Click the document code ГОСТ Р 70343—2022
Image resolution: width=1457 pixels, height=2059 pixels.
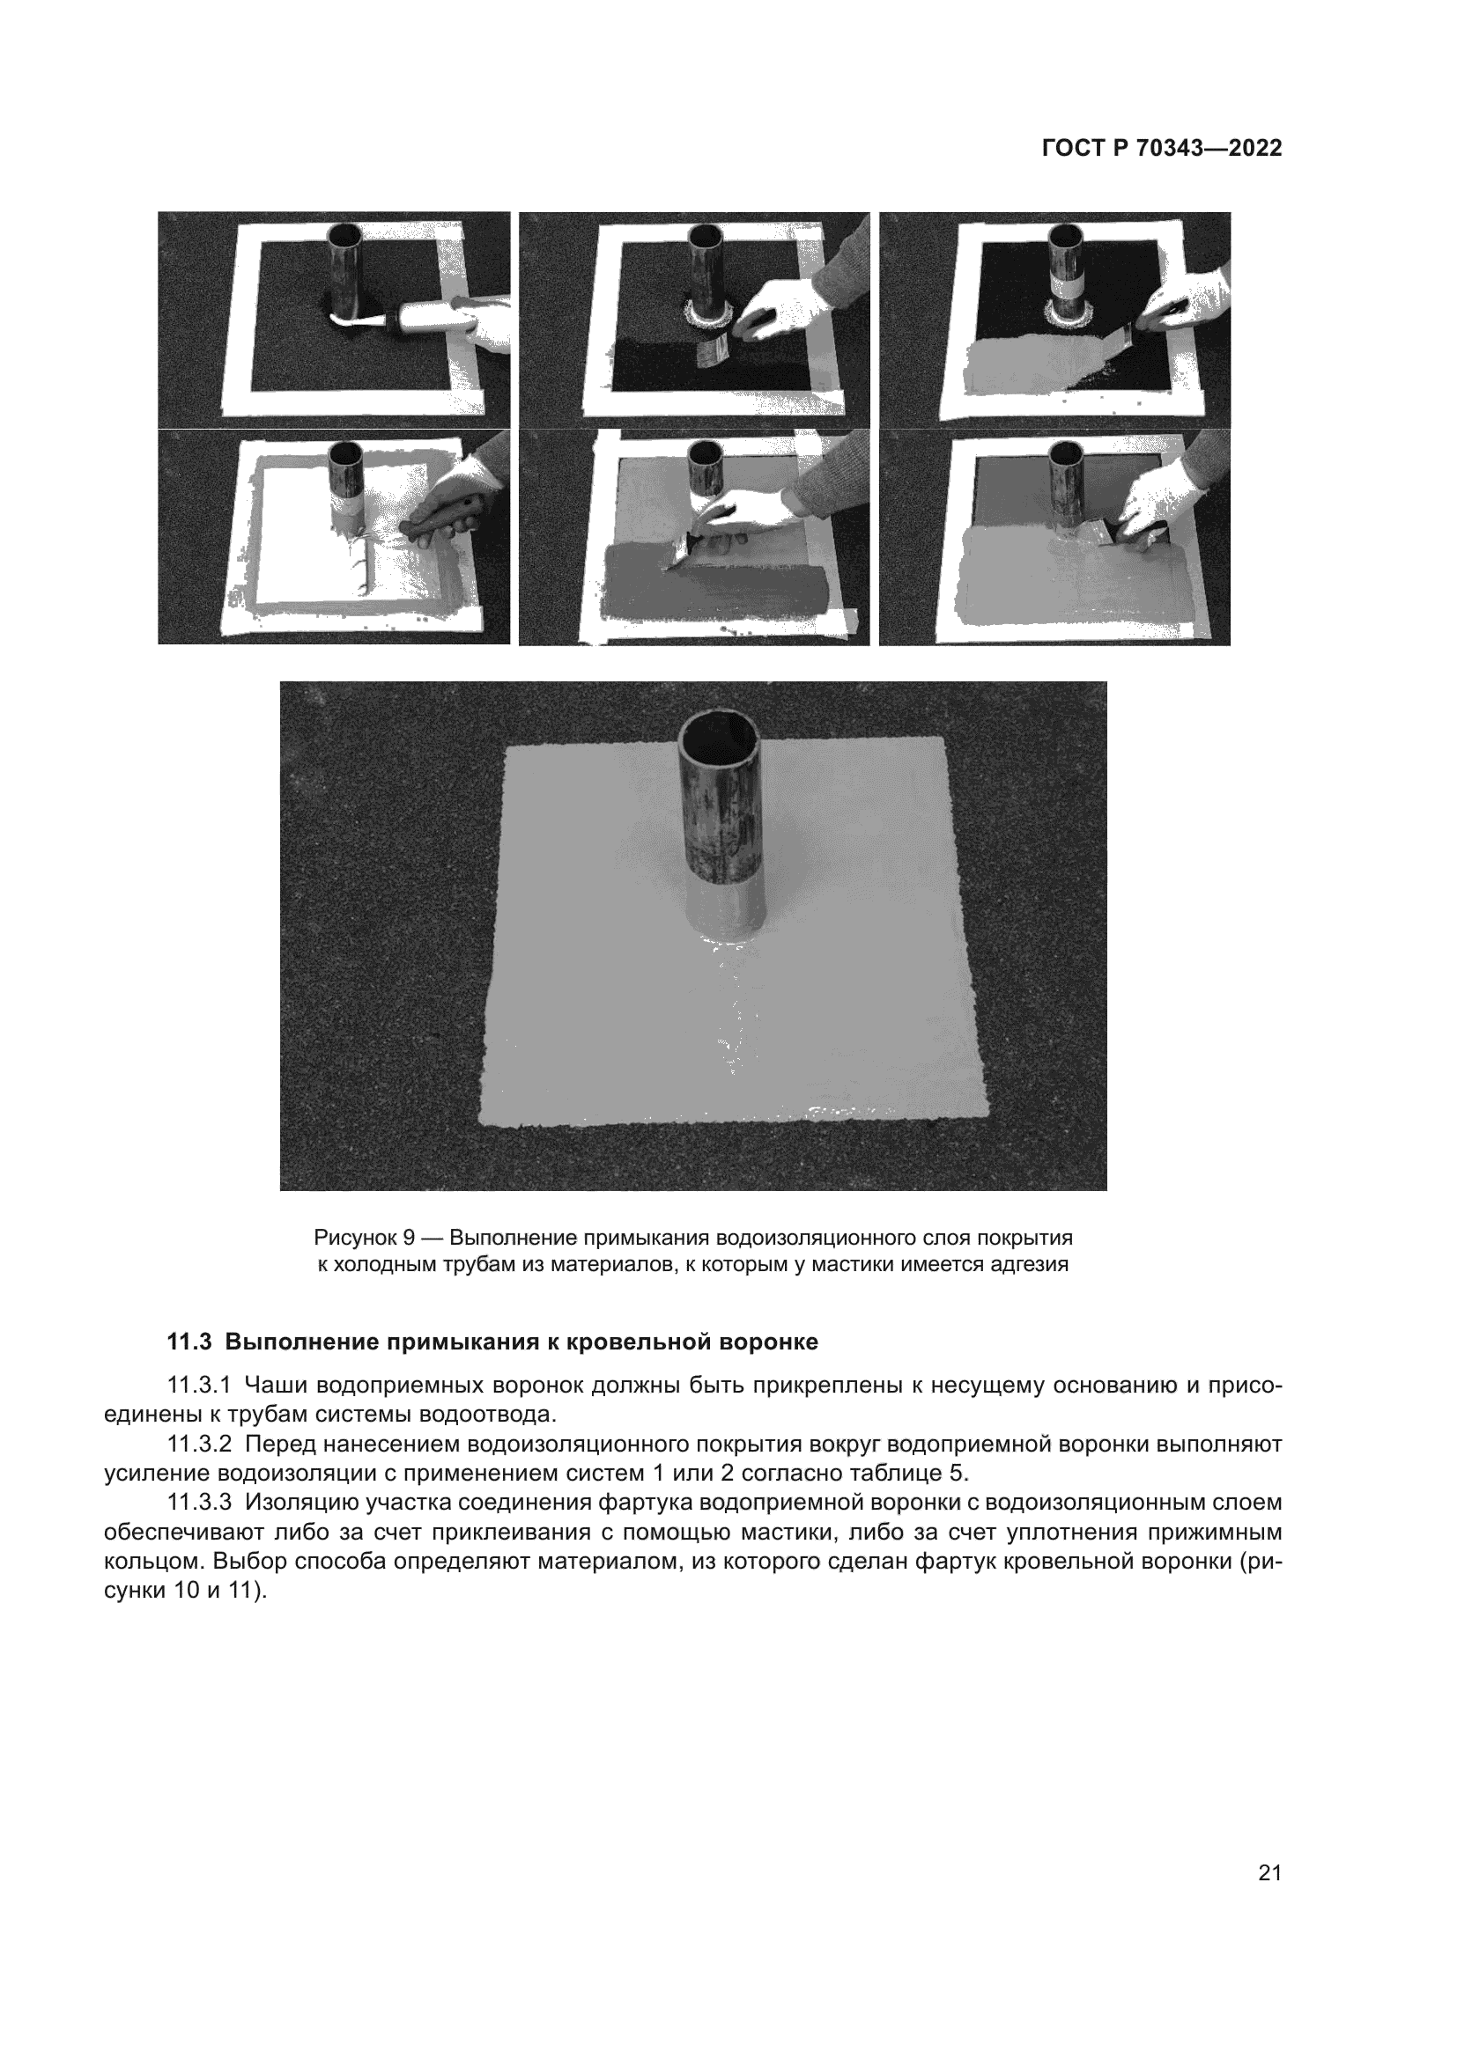coord(1161,149)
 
